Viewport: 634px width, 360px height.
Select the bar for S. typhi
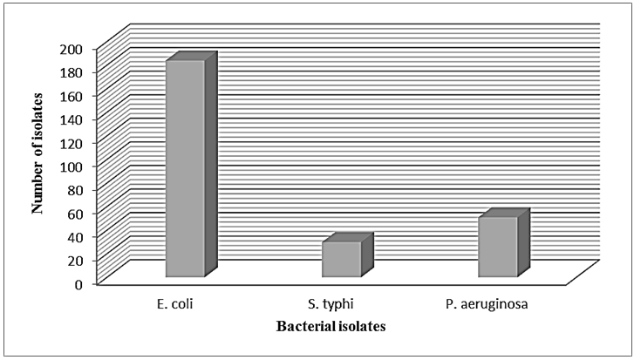pyautogui.click(x=341, y=259)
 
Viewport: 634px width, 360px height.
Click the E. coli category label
pyautogui.click(x=185, y=304)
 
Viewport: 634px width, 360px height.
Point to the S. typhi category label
pyautogui.click(x=332, y=304)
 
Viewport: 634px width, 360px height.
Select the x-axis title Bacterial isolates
pyautogui.click(x=331, y=327)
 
